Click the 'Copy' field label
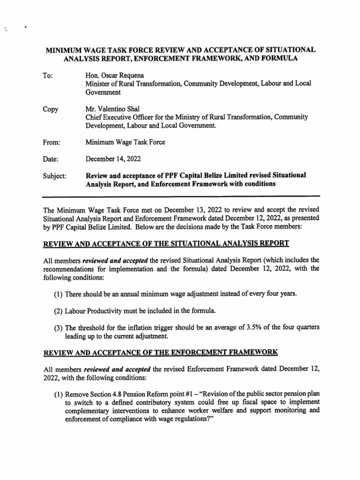tap(51, 109)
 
